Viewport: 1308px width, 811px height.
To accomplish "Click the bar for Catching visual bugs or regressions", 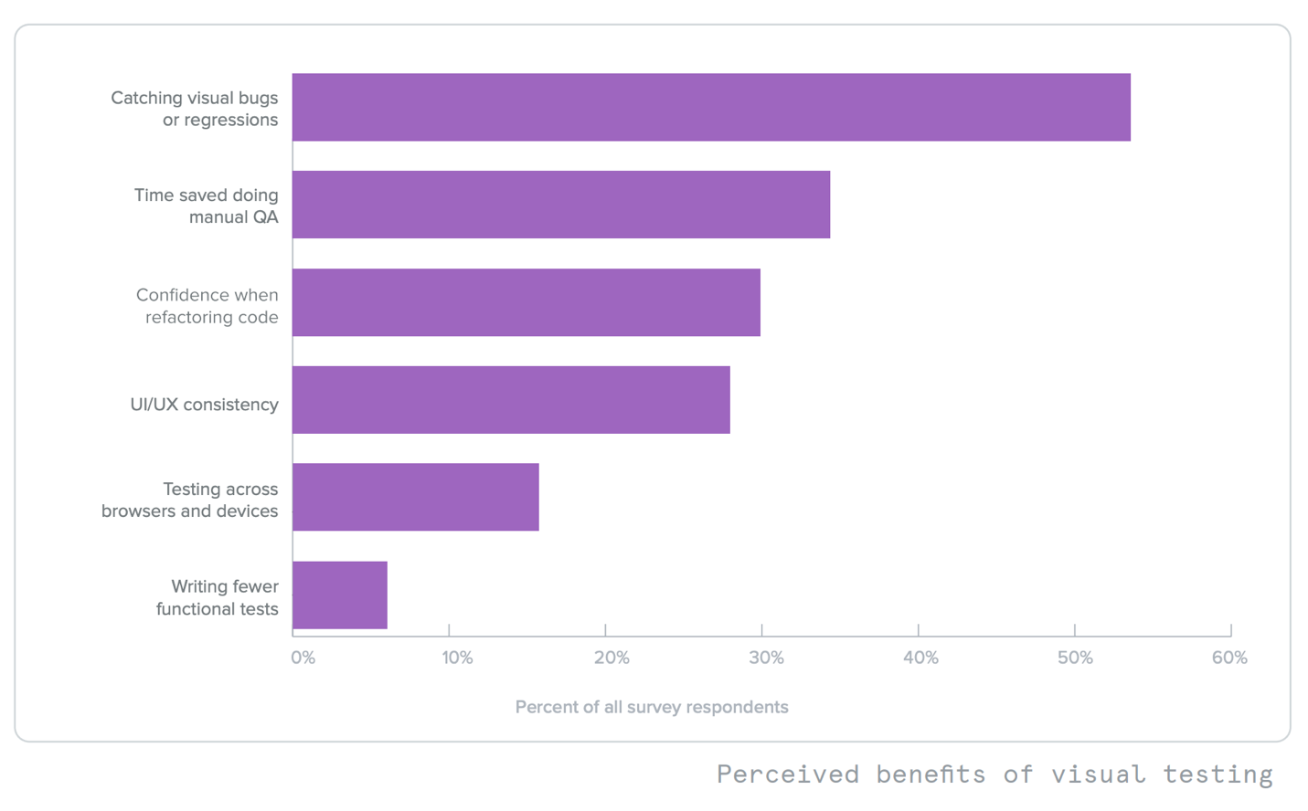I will point(711,107).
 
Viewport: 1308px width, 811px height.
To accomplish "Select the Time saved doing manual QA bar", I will point(561,205).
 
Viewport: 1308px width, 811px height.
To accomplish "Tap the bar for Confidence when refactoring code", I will point(526,302).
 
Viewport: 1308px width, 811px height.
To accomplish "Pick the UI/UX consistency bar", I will point(511,400).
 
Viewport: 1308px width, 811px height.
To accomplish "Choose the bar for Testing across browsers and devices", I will point(416,497).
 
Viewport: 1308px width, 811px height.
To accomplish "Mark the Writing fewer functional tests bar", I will point(340,595).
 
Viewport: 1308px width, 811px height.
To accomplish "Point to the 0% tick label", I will point(303,658).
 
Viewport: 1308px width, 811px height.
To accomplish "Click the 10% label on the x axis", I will point(457,658).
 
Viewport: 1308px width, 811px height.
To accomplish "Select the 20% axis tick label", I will point(611,658).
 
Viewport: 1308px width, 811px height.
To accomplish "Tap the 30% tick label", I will point(766,658).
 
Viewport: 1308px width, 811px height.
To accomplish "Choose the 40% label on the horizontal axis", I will point(920,658).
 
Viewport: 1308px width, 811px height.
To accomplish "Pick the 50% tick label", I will point(1075,658).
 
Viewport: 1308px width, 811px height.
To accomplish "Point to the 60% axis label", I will point(1229,658).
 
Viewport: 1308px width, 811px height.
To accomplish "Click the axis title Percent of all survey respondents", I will point(652,707).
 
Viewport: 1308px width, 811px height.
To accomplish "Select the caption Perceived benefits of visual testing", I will point(994,774).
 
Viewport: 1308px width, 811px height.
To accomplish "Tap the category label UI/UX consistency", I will point(204,405).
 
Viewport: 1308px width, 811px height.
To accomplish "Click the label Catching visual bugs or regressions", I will point(195,109).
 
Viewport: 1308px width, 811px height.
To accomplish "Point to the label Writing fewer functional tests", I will point(218,597).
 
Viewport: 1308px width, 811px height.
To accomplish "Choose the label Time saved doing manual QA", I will point(207,205).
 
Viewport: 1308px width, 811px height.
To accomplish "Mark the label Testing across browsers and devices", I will point(190,500).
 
